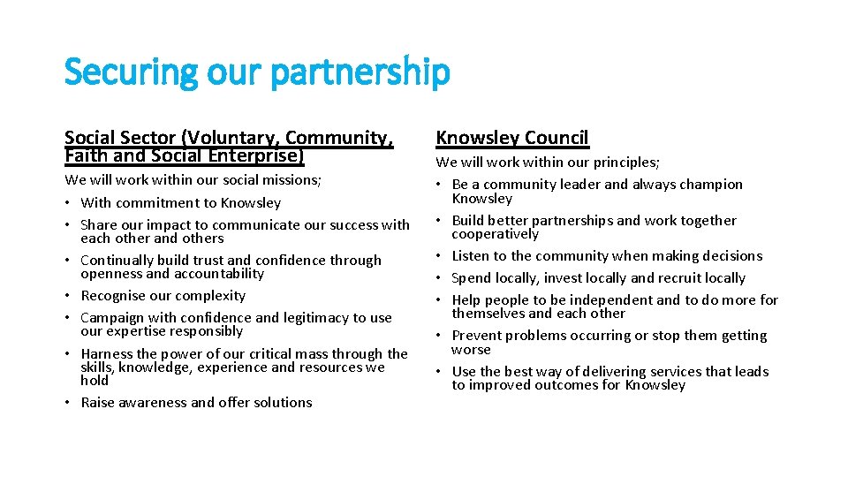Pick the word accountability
[x=214, y=274]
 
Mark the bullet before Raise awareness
[x=69, y=403]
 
